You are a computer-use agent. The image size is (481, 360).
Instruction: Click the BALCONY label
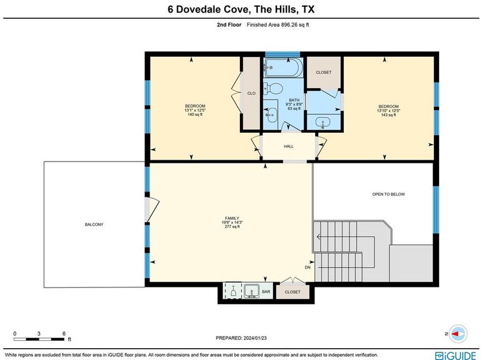point(94,225)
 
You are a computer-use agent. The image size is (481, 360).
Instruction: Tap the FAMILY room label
point(232,219)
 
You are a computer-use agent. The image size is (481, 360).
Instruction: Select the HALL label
point(288,147)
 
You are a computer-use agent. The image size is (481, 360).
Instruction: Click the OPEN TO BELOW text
point(388,194)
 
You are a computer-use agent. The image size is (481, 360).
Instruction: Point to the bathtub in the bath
point(284,67)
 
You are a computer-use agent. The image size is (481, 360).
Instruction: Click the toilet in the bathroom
point(274,89)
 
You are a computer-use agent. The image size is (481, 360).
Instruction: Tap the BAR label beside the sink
point(266,291)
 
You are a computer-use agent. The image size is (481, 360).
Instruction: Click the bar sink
point(252,291)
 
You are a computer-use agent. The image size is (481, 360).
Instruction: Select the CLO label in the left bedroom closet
point(251,93)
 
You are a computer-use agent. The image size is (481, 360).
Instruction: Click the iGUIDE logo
point(455,356)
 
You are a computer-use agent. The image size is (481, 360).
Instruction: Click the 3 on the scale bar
point(39,334)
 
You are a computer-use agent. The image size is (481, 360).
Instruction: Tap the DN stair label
point(308,267)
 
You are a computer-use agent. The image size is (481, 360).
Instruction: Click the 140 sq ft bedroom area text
point(195,115)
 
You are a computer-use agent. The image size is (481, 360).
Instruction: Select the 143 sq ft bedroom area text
point(388,115)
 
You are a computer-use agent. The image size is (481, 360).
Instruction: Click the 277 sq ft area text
point(232,227)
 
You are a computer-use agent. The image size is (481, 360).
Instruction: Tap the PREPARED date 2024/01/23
point(255,338)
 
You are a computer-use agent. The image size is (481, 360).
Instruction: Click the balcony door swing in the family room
point(153,210)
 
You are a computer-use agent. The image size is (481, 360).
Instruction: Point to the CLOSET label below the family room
point(292,292)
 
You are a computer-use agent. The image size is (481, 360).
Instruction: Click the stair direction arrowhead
point(319,237)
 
